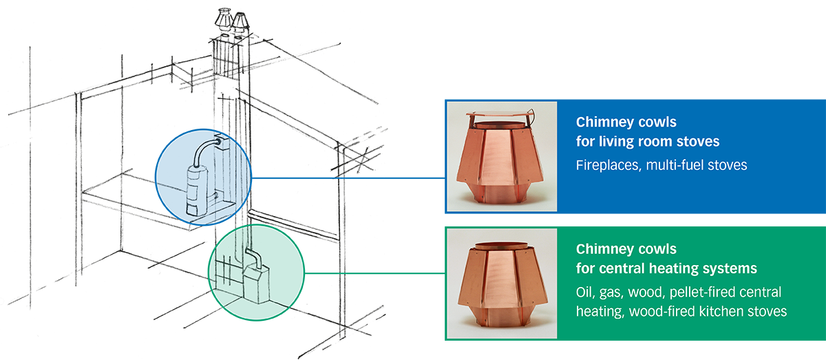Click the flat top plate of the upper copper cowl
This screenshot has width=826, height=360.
(x=501, y=114)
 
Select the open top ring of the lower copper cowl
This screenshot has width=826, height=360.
(x=501, y=244)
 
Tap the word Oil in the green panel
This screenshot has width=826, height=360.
(x=586, y=292)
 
